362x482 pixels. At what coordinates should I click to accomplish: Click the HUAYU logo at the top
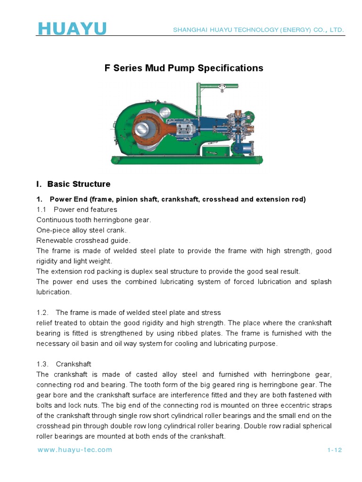[72, 29]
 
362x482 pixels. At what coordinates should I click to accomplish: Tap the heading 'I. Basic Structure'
[73, 184]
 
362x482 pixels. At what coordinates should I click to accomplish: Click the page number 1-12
[334, 450]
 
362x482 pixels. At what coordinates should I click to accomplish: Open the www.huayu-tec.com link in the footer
[74, 450]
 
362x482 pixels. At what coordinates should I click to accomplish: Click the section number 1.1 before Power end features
[41, 209]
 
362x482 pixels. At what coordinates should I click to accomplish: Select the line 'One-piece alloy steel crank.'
[82, 230]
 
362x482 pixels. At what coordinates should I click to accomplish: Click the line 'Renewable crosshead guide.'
[83, 241]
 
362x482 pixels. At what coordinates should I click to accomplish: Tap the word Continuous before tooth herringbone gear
[55, 220]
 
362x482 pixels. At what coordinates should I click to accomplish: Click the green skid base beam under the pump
[186, 160]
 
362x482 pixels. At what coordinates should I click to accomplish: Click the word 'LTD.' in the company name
[337, 30]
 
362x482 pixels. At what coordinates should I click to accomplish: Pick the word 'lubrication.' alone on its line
[54, 292]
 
